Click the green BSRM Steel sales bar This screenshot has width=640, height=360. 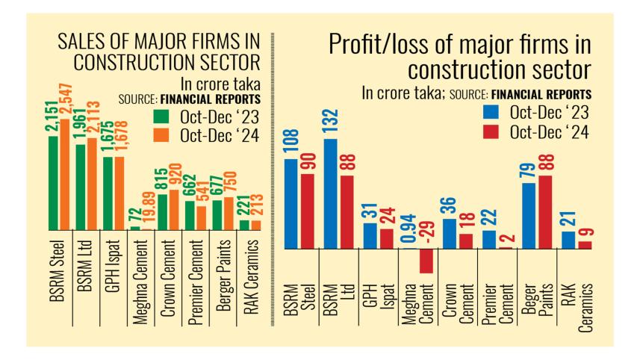tap(53, 183)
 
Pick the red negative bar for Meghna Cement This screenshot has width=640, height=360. tap(426, 261)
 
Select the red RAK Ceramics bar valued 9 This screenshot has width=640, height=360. tap(585, 244)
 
